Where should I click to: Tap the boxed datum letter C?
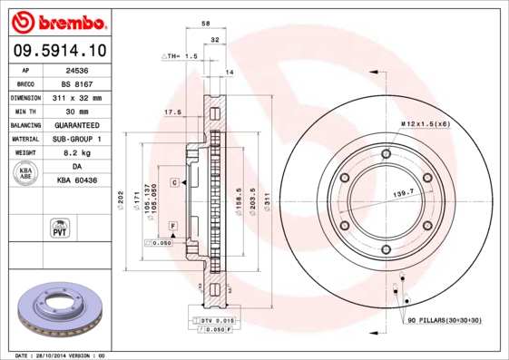172,183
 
